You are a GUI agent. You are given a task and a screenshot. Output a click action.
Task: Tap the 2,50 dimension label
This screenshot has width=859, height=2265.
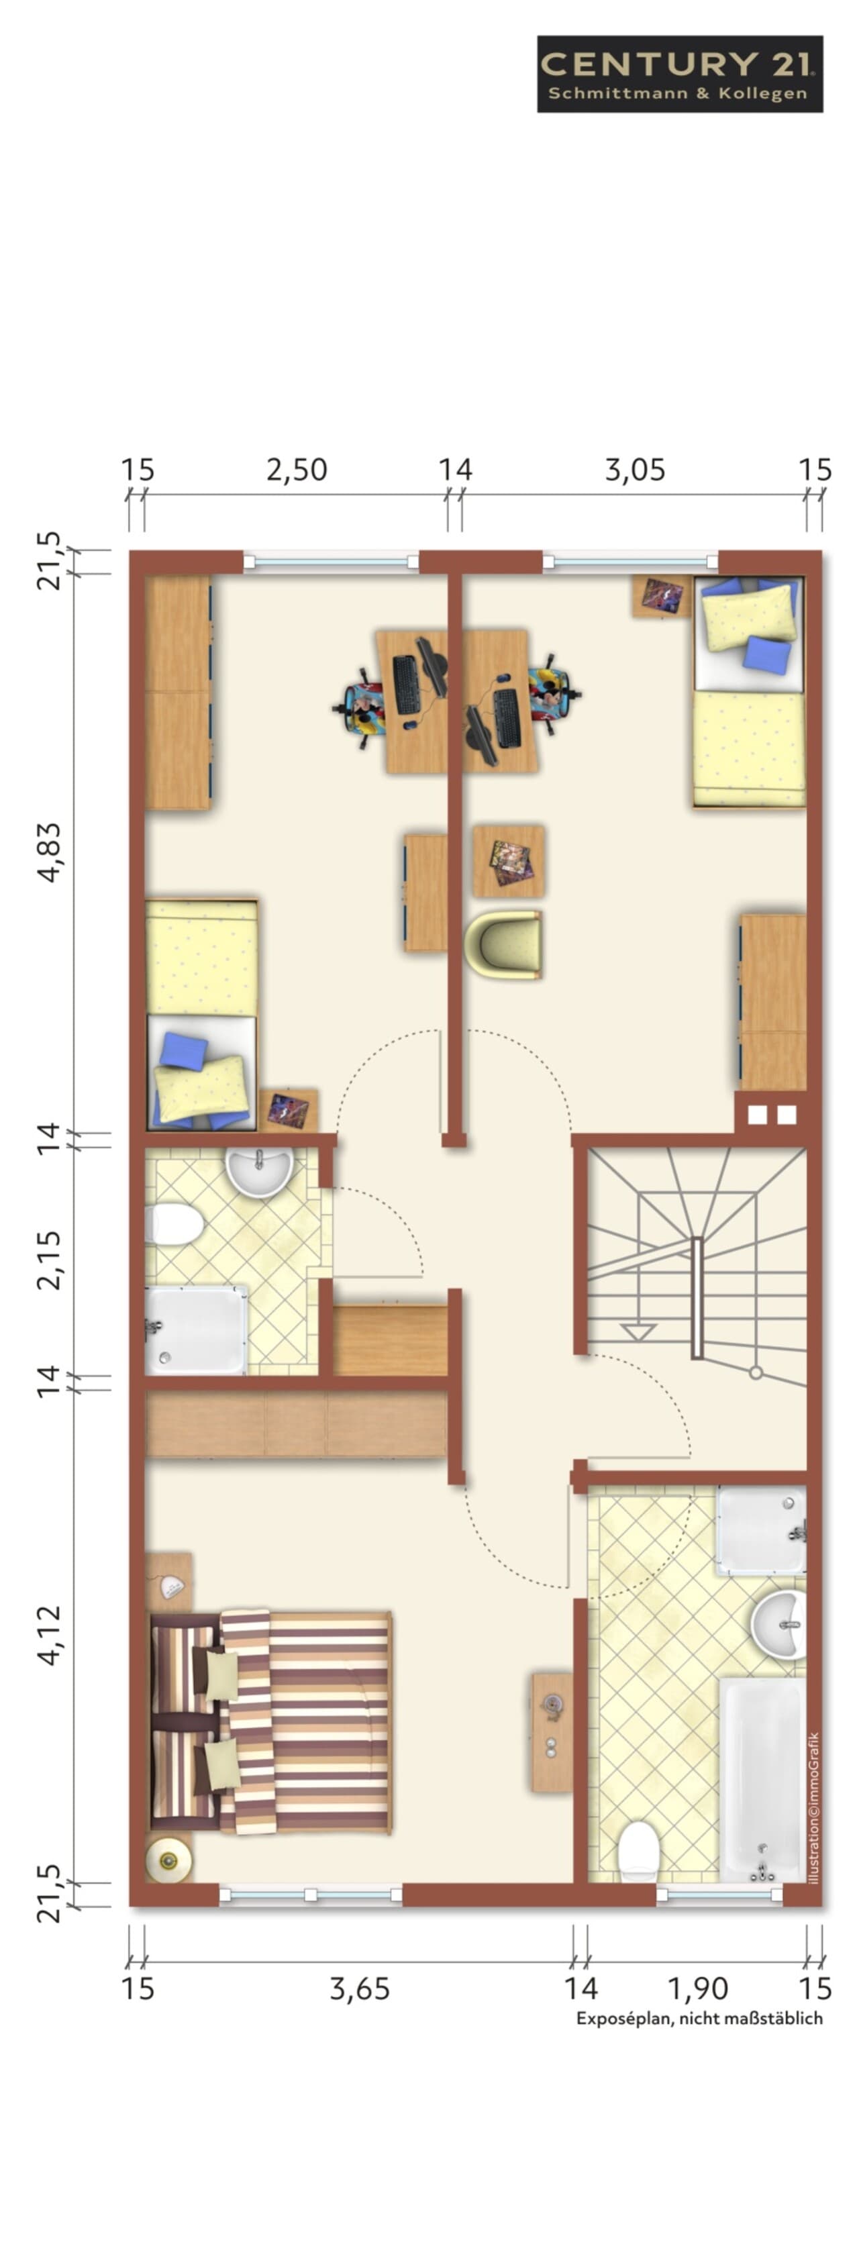click(297, 470)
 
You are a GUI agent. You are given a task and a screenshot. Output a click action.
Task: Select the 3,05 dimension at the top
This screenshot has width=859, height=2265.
click(635, 470)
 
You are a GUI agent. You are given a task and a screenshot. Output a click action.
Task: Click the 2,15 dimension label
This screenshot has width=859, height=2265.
click(50, 1260)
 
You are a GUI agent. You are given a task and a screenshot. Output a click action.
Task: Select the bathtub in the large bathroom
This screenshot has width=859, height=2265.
click(762, 1780)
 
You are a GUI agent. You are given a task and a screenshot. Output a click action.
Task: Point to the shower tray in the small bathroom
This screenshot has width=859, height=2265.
click(196, 1330)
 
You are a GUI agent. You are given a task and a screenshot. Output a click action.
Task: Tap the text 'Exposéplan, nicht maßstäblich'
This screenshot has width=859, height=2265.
click(700, 2018)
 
